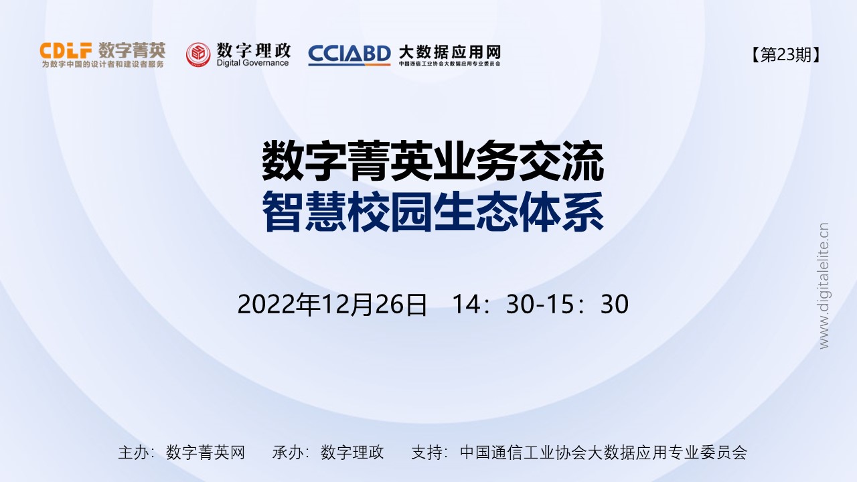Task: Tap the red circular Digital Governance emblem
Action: point(198,54)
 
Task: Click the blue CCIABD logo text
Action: point(349,54)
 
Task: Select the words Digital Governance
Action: point(253,63)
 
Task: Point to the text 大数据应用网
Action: point(449,52)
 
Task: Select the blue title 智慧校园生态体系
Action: point(433,211)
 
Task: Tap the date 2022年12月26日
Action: point(332,305)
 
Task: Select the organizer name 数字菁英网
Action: point(206,452)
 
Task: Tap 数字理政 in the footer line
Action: point(352,452)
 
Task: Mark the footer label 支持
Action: point(424,452)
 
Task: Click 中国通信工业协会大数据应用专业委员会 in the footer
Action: point(603,452)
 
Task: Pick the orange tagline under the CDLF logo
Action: point(102,64)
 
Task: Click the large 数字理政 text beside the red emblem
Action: point(254,50)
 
